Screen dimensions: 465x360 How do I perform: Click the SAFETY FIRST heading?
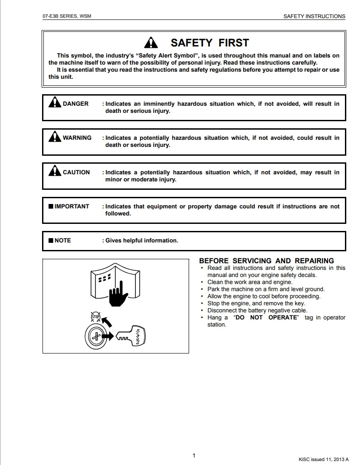[x=209, y=43]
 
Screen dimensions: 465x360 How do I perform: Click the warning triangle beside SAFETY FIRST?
[x=151, y=42]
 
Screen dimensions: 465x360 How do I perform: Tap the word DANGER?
[x=76, y=104]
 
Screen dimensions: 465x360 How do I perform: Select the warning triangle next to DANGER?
[x=54, y=102]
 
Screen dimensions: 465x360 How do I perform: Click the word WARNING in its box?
[x=77, y=138]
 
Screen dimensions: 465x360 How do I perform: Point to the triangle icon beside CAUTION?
[x=54, y=170]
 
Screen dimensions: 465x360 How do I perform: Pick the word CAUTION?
[x=76, y=173]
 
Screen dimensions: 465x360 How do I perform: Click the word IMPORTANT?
[x=72, y=207]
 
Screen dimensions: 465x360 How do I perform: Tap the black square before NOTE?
[x=51, y=241]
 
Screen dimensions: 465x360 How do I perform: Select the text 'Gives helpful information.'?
[x=142, y=241]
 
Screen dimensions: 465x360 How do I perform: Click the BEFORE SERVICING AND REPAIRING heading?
[x=267, y=261]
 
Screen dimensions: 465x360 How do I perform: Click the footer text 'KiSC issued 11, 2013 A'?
[x=324, y=459]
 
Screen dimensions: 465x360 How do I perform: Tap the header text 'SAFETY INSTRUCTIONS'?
[x=314, y=16]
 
